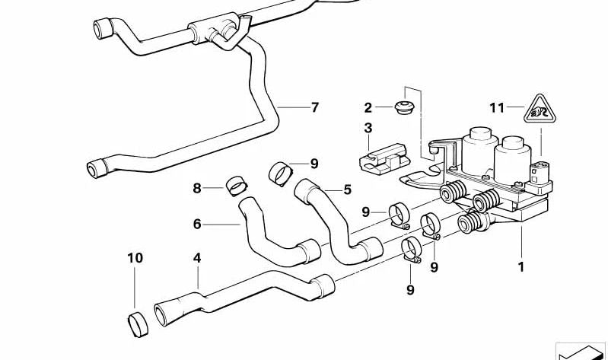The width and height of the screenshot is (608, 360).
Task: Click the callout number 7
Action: tap(314, 107)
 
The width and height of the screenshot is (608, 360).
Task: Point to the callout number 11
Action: tap(497, 108)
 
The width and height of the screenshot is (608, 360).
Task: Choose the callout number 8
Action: tap(196, 187)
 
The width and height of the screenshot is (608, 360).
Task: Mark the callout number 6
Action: tap(196, 224)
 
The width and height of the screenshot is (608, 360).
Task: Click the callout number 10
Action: tap(135, 259)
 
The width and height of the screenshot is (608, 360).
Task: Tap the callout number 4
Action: tap(197, 259)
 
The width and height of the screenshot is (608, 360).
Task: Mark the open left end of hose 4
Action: tap(161, 311)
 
